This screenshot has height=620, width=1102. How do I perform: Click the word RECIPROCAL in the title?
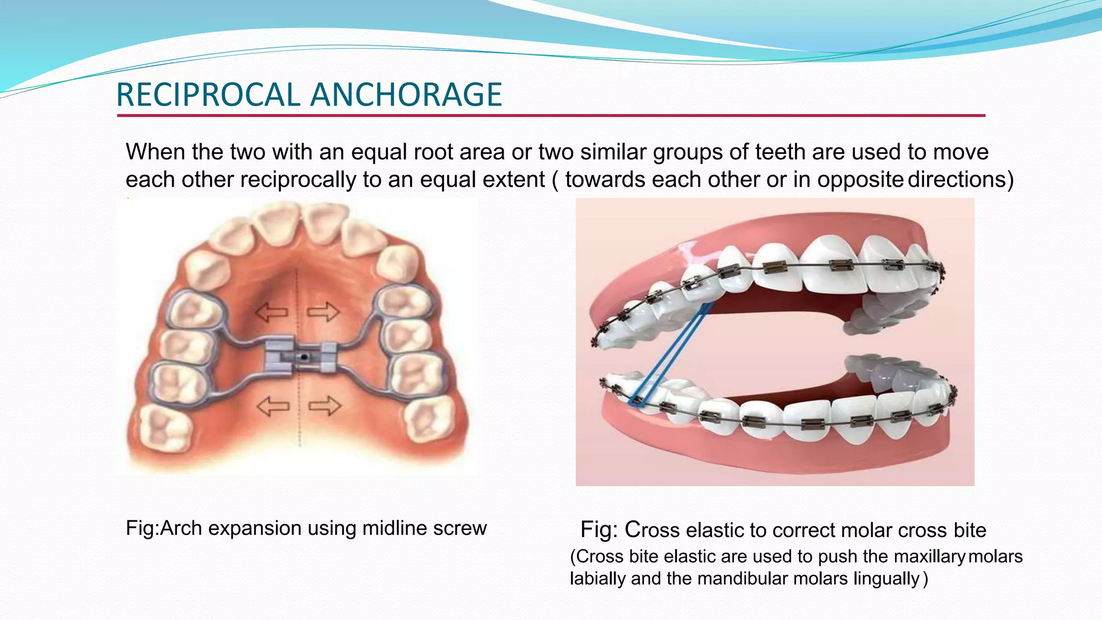(208, 95)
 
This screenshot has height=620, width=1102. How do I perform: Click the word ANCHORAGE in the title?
(406, 95)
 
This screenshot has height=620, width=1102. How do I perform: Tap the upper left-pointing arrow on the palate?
(272, 312)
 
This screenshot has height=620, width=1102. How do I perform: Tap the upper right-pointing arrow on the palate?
(323, 312)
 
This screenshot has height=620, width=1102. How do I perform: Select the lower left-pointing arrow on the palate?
(273, 406)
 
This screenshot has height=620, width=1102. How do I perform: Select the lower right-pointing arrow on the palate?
(324, 406)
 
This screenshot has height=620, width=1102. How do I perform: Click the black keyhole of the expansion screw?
(304, 356)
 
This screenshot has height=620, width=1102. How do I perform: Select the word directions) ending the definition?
(960, 180)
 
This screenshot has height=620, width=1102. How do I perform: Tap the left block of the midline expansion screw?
(279, 355)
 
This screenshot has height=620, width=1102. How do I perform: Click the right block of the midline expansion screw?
(328, 357)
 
